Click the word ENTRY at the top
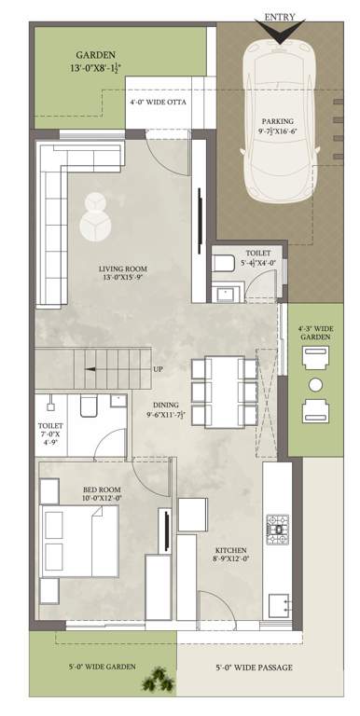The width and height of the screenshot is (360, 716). point(279,17)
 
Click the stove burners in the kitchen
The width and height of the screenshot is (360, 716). point(278,529)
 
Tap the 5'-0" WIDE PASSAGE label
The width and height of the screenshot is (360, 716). point(254,668)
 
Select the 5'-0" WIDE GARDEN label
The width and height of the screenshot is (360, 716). point(103,668)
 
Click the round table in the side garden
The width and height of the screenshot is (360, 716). point(315,384)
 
